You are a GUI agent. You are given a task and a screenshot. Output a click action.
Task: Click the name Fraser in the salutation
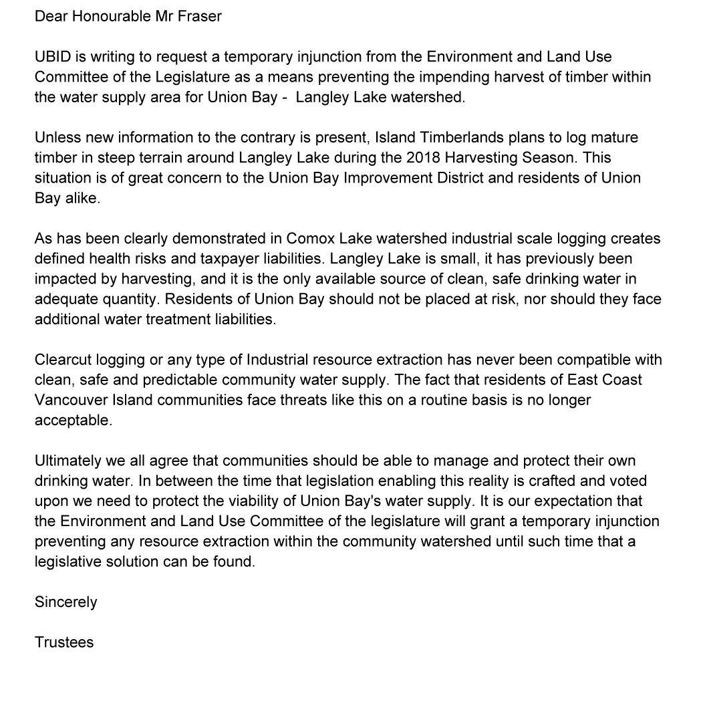200,16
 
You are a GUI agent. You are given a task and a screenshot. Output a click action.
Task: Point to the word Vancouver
71,400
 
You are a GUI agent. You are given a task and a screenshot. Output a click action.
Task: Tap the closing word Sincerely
66,602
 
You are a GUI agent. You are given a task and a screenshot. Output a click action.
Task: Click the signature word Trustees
64,642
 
